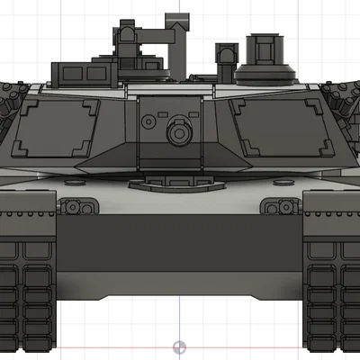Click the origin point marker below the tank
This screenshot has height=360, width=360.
click(x=179, y=346)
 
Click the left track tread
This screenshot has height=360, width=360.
click(x=29, y=297)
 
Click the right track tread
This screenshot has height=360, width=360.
click(x=330, y=297)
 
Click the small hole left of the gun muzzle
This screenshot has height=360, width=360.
click(x=148, y=119)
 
